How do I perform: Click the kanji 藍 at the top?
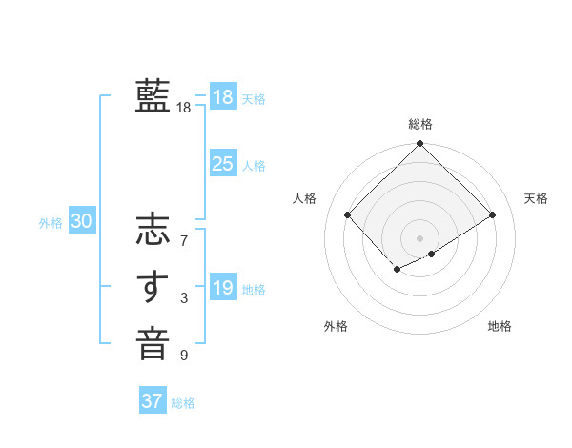(x=153, y=95)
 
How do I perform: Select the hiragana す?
(x=153, y=287)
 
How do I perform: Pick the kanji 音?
(x=153, y=343)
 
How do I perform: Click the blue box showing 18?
(x=222, y=96)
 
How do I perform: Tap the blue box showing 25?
(x=222, y=164)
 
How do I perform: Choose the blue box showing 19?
(x=222, y=288)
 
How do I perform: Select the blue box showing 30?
(x=82, y=222)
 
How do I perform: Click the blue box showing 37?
(x=152, y=401)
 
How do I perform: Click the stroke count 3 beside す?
(x=183, y=299)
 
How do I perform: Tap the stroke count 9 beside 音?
(x=183, y=356)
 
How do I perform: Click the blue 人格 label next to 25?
(x=254, y=166)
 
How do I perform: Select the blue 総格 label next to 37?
(x=183, y=403)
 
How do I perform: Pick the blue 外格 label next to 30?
(x=51, y=223)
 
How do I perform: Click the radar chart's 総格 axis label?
(x=419, y=124)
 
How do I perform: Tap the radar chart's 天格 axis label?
(x=536, y=198)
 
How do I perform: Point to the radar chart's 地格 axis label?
(x=500, y=326)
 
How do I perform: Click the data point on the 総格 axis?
(x=419, y=145)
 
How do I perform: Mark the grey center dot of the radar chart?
(x=419, y=237)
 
